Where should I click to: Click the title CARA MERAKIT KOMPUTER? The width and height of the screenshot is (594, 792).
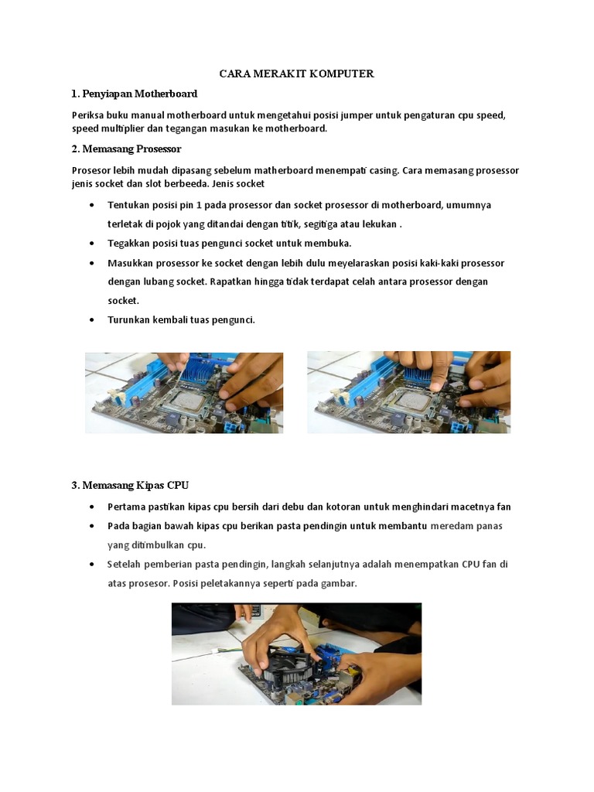(297, 74)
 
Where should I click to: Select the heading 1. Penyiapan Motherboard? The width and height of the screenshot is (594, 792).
(134, 94)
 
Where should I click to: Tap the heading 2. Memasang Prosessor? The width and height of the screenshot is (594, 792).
(126, 148)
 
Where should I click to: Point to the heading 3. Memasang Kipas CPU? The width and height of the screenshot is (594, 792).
(130, 485)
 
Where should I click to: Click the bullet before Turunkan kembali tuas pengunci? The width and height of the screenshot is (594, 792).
(93, 319)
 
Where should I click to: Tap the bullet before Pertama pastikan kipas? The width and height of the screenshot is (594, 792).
(93, 507)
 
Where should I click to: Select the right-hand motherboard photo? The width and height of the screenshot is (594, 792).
(408, 392)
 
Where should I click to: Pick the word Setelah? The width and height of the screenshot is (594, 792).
(125, 565)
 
